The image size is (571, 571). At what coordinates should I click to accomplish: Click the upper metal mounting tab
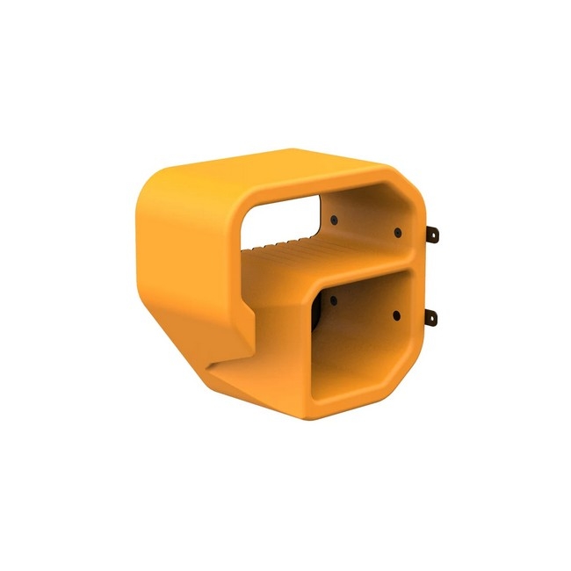pos(432,235)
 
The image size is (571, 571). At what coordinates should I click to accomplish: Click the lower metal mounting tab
pos(432,316)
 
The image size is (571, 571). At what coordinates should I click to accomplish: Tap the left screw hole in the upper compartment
pos(335,220)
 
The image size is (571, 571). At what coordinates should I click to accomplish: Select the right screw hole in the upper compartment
pos(397,233)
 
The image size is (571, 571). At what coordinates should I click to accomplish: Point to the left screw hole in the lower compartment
pos(334,300)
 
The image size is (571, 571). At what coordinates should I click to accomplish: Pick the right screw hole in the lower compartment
pos(396,314)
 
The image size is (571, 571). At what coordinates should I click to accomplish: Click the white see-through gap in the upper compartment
pos(284,220)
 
